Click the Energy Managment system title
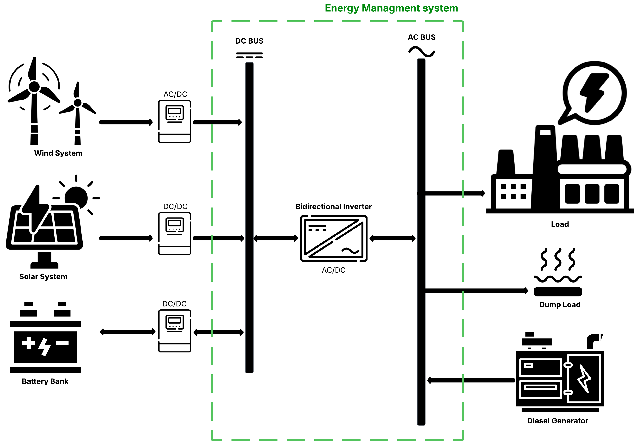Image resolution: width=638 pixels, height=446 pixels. (391, 8)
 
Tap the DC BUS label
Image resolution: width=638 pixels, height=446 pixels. (249, 41)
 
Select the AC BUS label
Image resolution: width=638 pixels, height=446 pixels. (421, 37)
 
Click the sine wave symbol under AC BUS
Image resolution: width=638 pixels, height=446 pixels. (421, 52)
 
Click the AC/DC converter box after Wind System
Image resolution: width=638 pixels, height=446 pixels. (174, 121)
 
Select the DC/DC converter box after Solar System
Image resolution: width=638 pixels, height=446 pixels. (174, 234)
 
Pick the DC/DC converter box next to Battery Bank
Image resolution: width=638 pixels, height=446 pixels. (174, 331)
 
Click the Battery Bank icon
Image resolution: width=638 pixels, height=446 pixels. (45, 337)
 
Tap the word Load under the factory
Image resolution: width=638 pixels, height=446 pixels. (560, 224)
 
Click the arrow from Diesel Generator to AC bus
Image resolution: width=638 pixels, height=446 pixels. (471, 381)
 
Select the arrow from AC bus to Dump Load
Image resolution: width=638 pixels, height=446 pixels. (476, 291)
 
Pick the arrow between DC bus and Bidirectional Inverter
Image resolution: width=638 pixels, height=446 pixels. (276, 238)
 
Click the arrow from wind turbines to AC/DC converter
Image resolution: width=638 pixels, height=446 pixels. (126, 122)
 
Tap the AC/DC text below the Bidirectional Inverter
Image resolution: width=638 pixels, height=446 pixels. (334, 270)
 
